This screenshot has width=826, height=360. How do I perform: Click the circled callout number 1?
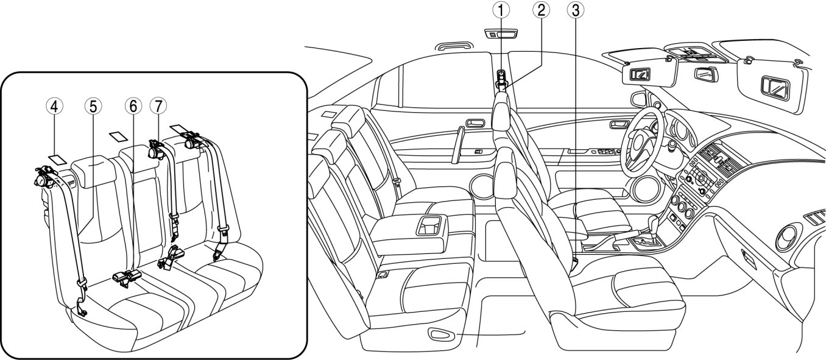pos(501,9)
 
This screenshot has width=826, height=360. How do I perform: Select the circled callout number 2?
pos(540,9)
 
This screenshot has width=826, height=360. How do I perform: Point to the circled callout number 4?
pos(54,106)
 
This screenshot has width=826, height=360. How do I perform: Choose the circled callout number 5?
pos(92,106)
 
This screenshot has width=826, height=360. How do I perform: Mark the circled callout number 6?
pos(133,106)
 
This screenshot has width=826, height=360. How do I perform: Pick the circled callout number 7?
pos(158,106)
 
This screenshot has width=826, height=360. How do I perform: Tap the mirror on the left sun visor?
pos(641,75)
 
